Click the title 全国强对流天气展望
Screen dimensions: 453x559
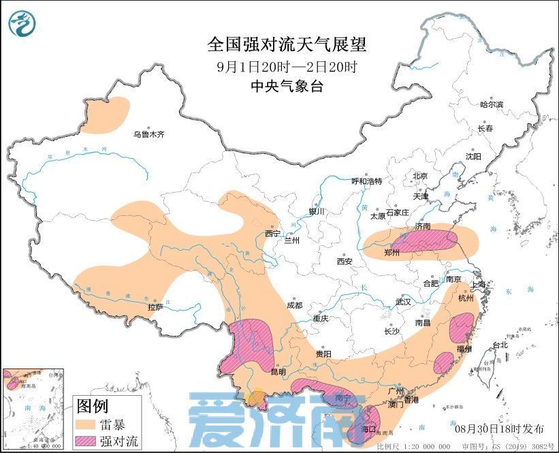click(287, 46)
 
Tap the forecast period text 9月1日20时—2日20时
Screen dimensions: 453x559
click(287, 67)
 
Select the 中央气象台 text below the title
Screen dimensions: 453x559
click(287, 87)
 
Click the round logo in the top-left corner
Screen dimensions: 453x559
click(22, 24)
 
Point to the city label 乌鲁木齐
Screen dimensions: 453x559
click(148, 135)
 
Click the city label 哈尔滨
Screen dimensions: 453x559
click(492, 105)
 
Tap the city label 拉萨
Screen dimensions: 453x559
click(155, 307)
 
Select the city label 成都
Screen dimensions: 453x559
click(295, 306)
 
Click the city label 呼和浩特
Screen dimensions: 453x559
click(366, 181)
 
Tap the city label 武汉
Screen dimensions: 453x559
click(404, 302)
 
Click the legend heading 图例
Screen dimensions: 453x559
click(92, 407)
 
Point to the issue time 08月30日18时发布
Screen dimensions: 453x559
click(500, 428)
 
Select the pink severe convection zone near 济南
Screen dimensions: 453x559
click(432, 240)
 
